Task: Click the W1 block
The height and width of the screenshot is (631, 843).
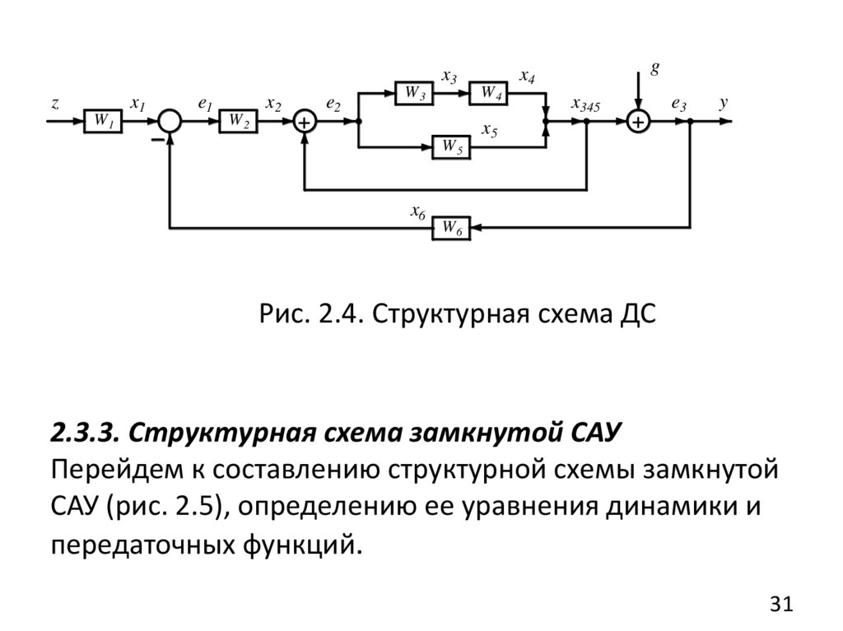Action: (x=102, y=121)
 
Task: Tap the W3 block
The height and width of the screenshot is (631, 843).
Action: (x=414, y=93)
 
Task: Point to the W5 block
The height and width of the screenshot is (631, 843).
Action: (x=452, y=147)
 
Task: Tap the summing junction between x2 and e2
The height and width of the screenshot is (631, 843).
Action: (x=305, y=121)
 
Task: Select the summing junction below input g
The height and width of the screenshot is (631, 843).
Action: (x=638, y=121)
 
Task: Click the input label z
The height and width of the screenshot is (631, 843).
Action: (x=54, y=104)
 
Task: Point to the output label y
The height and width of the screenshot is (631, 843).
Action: (x=724, y=104)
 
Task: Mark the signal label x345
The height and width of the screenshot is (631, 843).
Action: (x=585, y=105)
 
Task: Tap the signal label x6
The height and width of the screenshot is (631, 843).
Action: (x=417, y=211)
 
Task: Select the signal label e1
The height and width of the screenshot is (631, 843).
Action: (x=205, y=104)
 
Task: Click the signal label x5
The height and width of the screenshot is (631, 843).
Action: (x=489, y=130)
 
